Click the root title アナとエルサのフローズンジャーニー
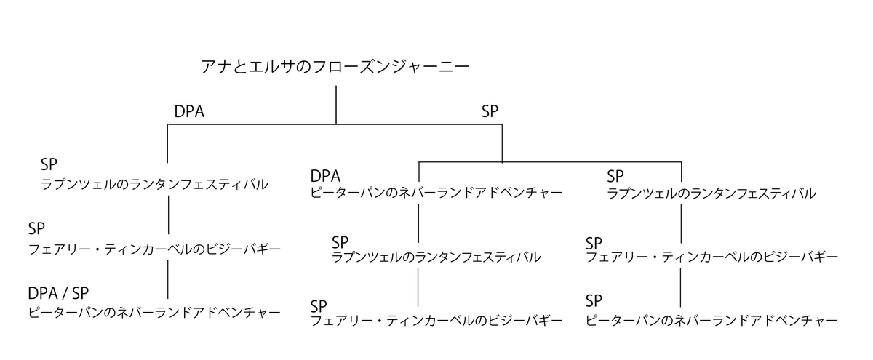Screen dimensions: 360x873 pos(335,67)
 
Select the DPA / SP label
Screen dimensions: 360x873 pos(58,293)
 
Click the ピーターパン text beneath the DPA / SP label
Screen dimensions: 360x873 pos(154,313)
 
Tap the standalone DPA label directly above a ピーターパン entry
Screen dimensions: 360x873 pos(325,176)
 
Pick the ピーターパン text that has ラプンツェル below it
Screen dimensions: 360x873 pos(436,193)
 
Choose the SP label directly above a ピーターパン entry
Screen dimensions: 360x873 pos(594,300)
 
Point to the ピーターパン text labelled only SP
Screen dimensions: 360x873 pos(712,320)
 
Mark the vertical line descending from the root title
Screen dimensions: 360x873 pos(336,105)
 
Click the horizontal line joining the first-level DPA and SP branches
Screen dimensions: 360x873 pos(335,125)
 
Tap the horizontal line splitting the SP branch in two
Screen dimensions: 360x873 pos(550,161)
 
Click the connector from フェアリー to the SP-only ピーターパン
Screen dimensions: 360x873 pos(681,287)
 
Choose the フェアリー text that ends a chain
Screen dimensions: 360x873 pos(436,320)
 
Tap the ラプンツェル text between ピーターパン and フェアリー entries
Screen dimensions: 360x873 pos(436,257)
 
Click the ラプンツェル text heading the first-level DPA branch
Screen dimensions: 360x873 pos(154,185)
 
